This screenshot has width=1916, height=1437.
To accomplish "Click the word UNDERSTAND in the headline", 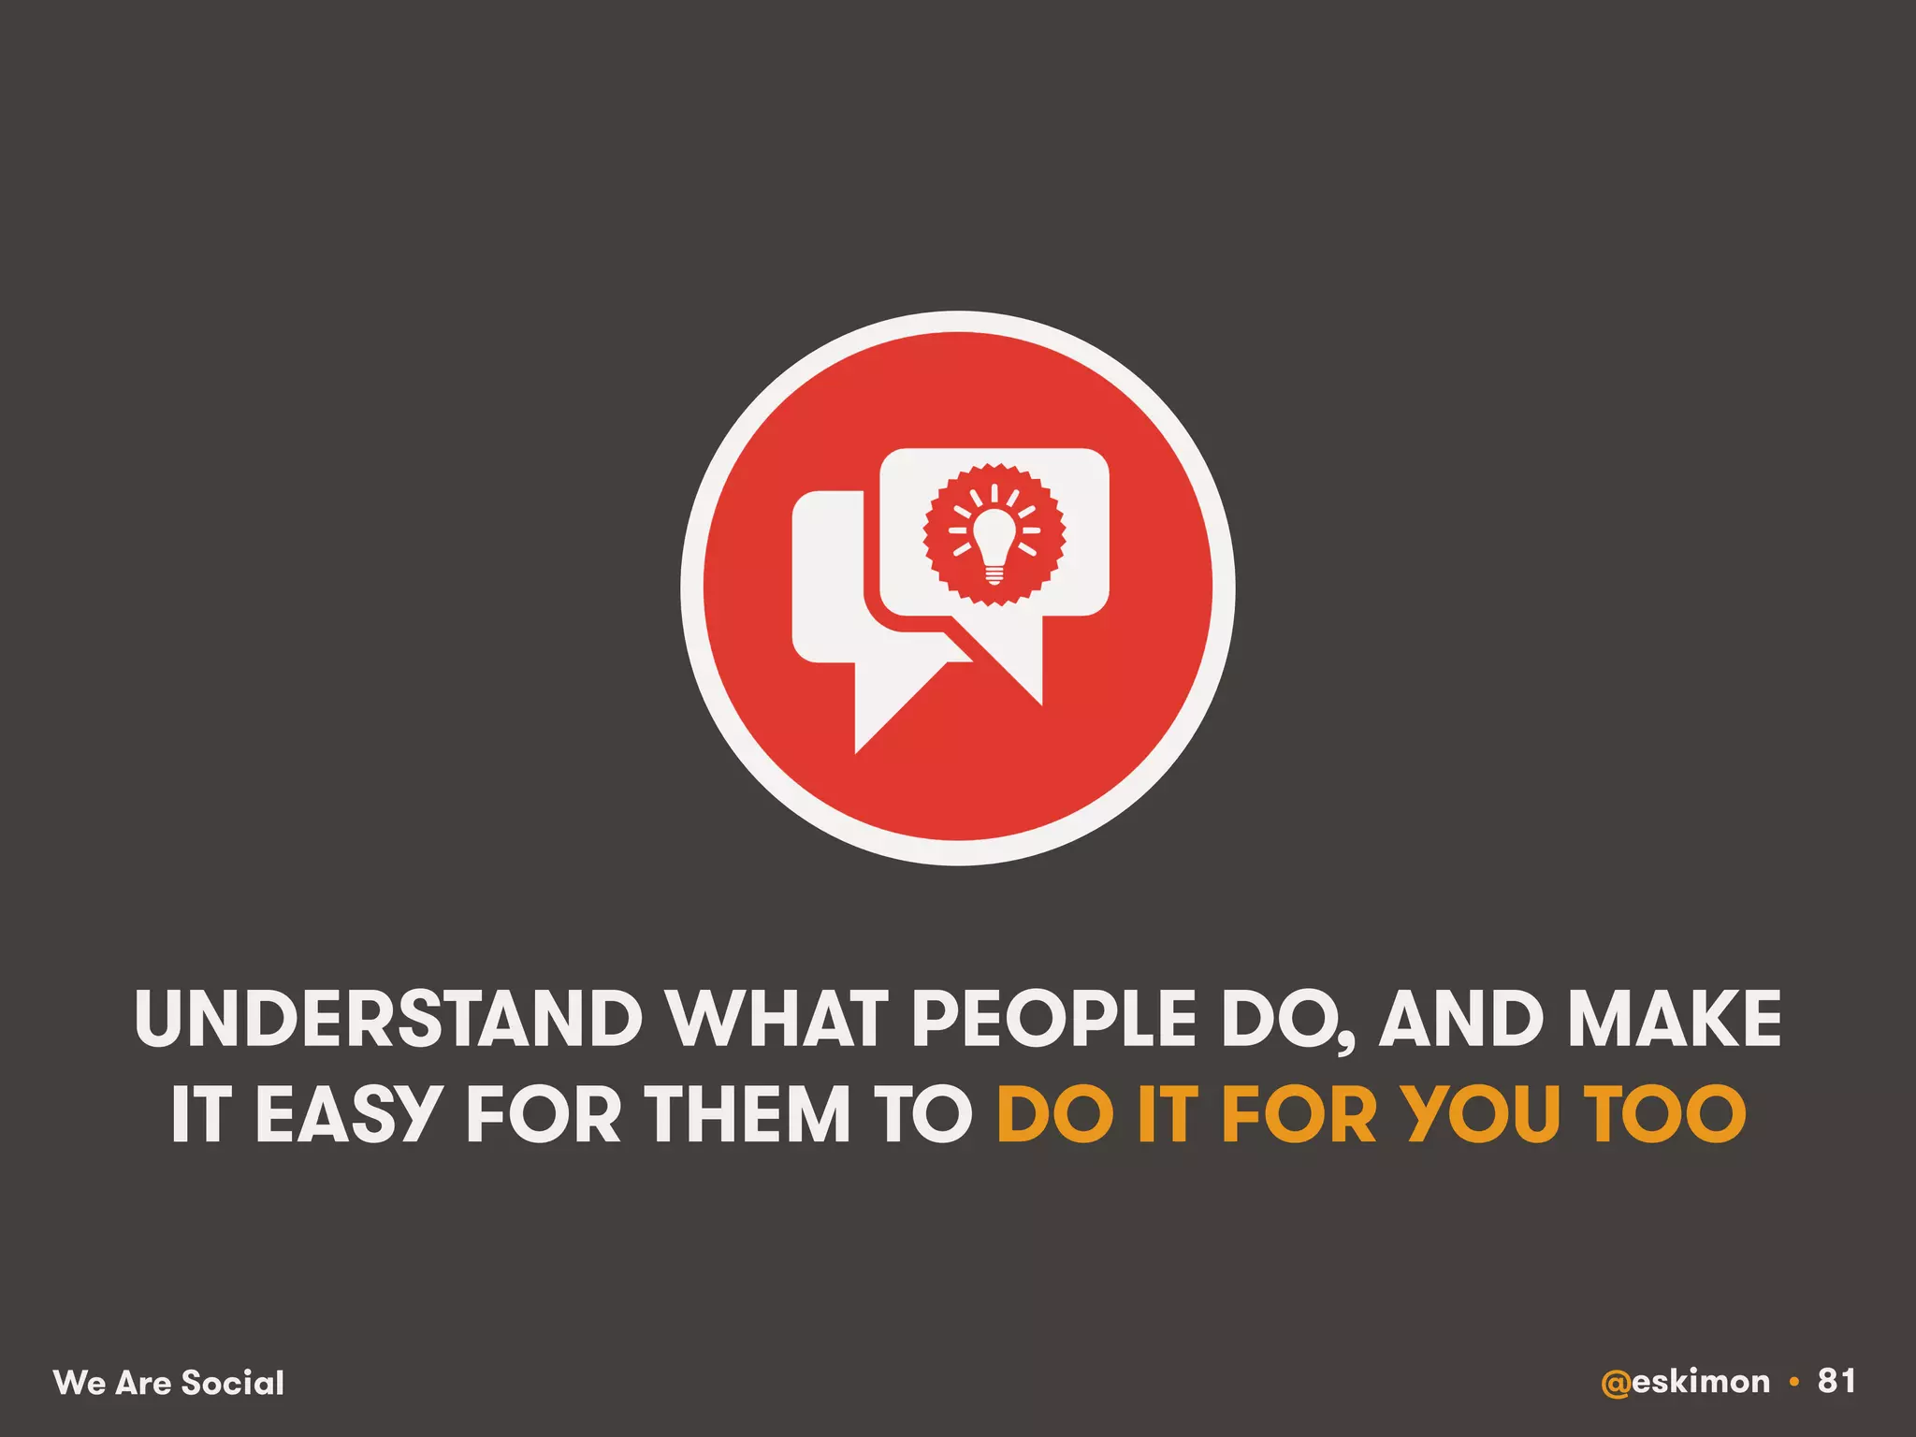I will tap(388, 1018).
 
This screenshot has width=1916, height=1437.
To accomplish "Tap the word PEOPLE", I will tap(1053, 1018).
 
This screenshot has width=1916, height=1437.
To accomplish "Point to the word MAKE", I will tap(1675, 1018).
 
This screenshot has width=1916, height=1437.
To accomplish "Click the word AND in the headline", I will tap(1460, 1018).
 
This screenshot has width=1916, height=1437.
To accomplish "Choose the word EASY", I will tap(346, 1114).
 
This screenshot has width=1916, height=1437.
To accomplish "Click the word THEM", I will tap(752, 1114).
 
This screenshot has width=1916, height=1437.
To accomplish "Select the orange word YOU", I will tap(1479, 1114).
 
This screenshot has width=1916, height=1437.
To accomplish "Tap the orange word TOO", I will tap(1665, 1114).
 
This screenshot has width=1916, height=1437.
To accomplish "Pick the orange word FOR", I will tap(1299, 1114).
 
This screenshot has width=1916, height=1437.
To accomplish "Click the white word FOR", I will tap(544, 1114).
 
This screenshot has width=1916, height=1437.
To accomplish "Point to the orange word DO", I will tap(1056, 1114).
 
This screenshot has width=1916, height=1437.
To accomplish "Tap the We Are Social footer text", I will tap(168, 1383).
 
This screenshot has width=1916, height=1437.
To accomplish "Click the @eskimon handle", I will tap(1685, 1382).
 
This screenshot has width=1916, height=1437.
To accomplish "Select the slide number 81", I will tap(1836, 1381).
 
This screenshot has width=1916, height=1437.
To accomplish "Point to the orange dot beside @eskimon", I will tap(1793, 1382).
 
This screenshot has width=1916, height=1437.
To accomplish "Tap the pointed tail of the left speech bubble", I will tap(875, 720).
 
